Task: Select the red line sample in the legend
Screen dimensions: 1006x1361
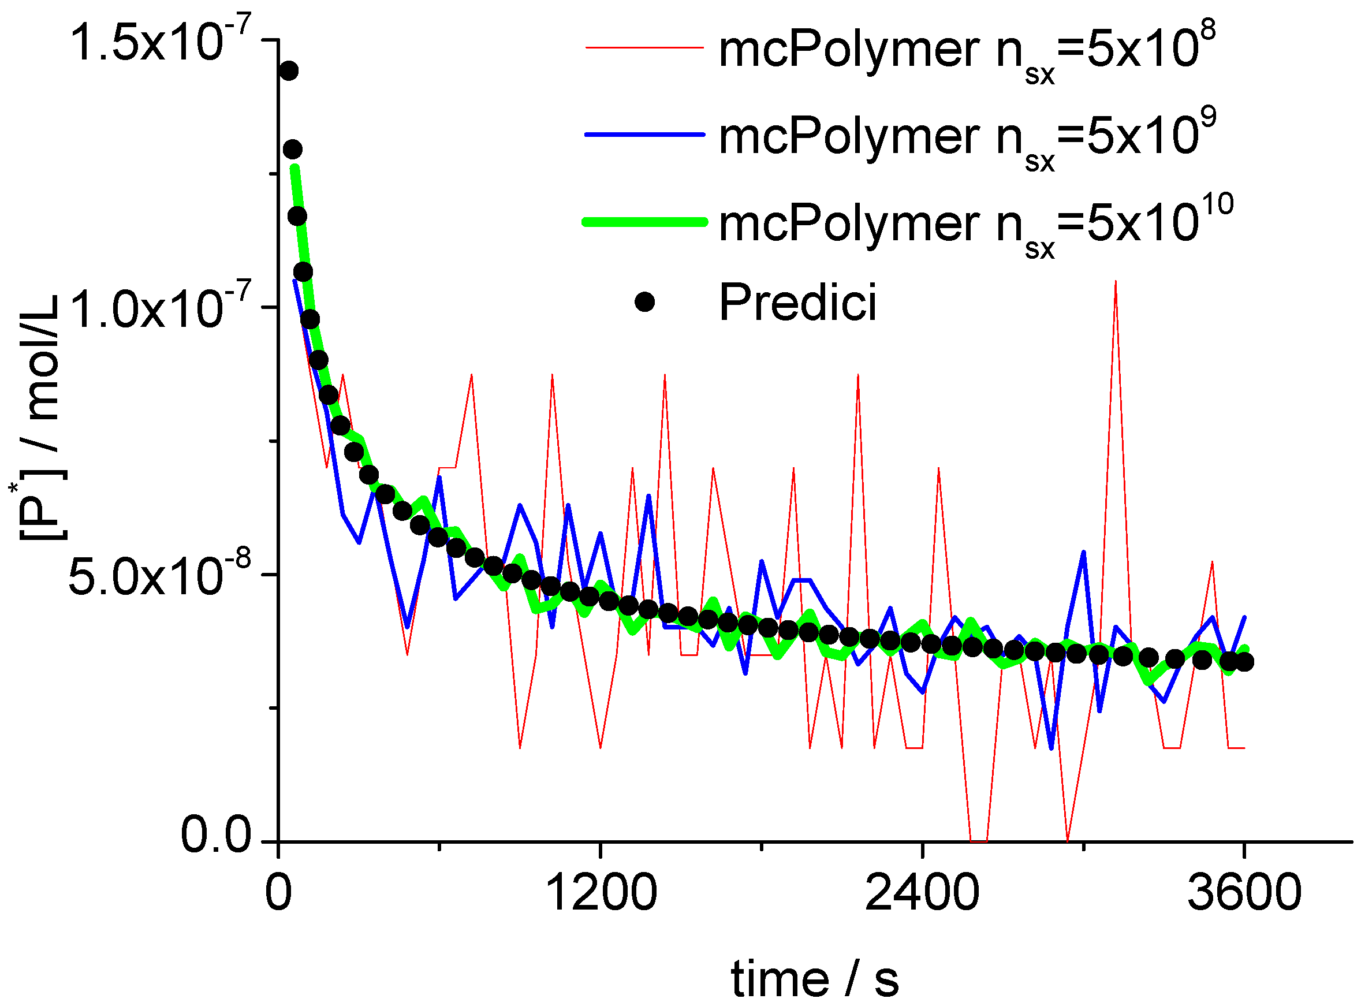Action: coord(644,47)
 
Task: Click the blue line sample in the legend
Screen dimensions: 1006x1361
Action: coord(644,134)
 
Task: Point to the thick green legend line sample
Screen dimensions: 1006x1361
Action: coord(644,222)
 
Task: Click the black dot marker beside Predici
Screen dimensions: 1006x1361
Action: coord(644,301)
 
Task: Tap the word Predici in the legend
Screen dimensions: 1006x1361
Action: coord(798,302)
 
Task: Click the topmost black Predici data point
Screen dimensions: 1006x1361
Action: coord(289,70)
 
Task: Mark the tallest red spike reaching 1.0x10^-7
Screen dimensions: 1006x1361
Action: coord(1115,282)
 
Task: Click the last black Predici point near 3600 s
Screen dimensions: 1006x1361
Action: coord(1244,662)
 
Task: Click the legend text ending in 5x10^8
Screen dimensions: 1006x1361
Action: coord(967,48)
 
